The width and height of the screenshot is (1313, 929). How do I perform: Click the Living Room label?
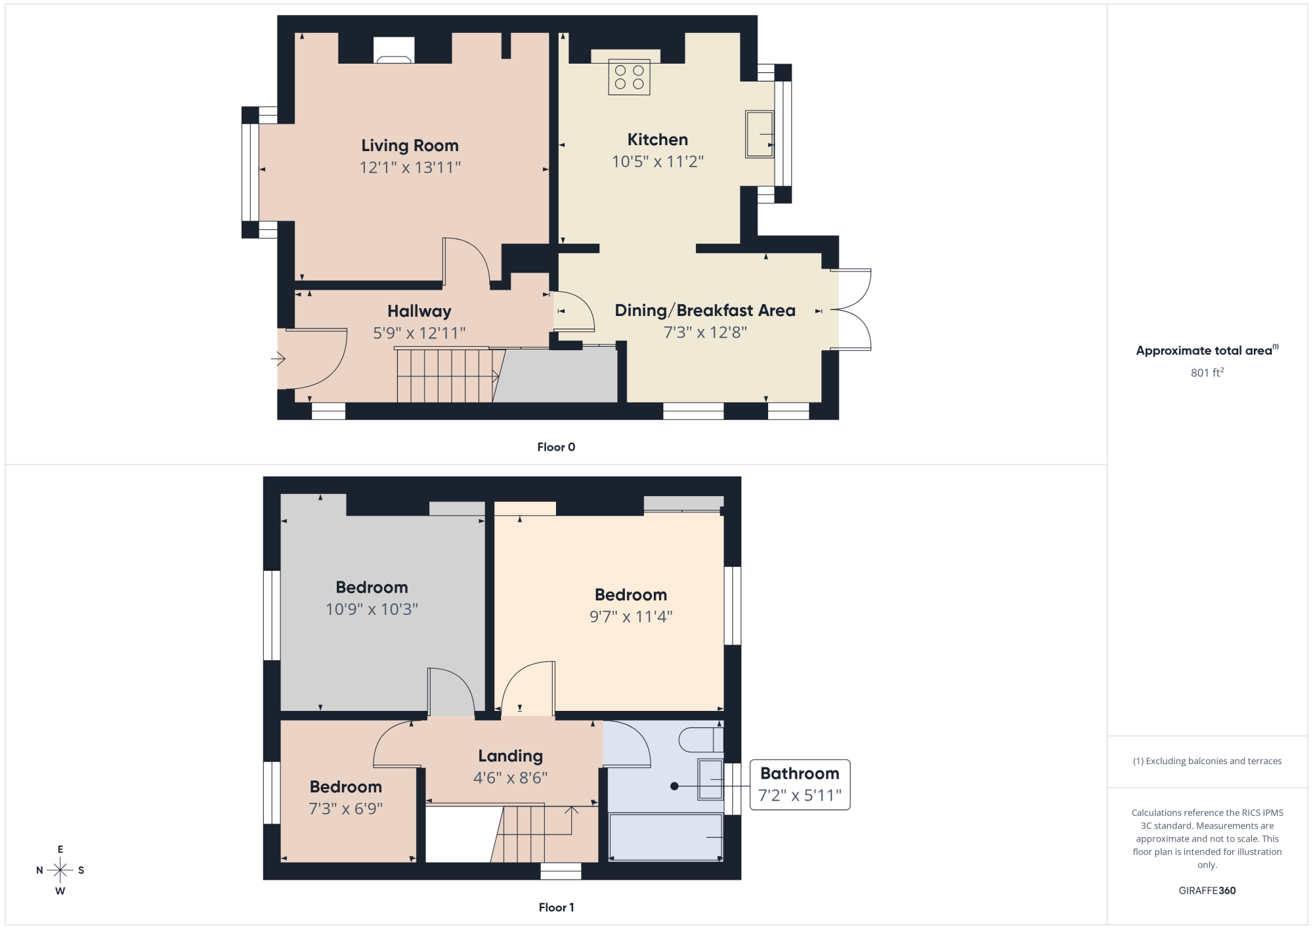pos(410,145)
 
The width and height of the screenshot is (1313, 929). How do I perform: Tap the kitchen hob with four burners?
pos(629,77)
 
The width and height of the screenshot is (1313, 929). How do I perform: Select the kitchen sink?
pos(760,134)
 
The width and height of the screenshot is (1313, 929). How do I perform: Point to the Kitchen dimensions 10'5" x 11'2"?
pos(658,161)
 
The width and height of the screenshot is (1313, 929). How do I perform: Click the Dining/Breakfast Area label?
pos(705,310)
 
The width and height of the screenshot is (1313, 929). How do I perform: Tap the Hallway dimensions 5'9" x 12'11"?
pos(420,333)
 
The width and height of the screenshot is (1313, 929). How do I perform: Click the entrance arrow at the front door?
pos(278,359)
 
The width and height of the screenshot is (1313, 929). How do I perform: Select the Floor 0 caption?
pos(556,447)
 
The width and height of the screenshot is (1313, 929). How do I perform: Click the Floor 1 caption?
pos(556,907)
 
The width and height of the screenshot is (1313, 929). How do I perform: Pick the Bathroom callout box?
pos(800,784)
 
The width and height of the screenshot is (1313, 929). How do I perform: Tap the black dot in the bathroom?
pos(674,786)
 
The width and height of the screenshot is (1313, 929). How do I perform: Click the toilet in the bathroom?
pos(701,739)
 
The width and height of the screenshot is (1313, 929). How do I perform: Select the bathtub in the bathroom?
pos(666,837)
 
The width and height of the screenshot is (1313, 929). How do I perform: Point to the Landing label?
pos(511,756)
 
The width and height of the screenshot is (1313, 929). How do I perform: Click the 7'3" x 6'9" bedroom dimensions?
pos(346,808)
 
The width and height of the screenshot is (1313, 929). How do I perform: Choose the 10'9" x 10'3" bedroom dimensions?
pos(372,609)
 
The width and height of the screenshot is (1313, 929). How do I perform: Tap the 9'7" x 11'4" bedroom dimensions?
pos(631,616)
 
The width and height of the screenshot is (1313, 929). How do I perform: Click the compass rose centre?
pos(60,871)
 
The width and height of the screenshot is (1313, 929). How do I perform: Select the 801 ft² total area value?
pos(1207,373)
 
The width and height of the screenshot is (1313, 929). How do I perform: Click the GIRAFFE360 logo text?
pos(1207,891)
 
